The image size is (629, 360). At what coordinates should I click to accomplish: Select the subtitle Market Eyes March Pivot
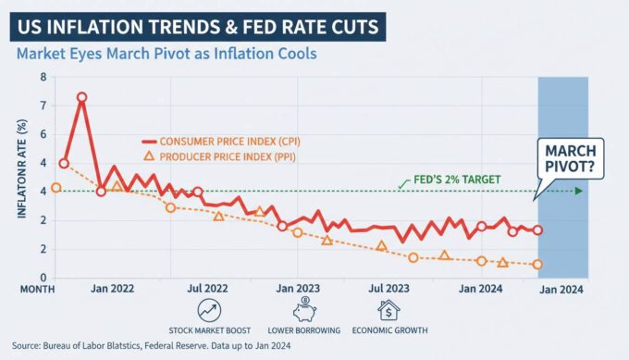coord(166,55)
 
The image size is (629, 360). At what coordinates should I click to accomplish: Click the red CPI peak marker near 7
coord(82,97)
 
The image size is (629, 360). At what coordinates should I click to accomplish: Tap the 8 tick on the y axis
coord(42,77)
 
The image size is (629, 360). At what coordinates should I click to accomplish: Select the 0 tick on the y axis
coord(42,278)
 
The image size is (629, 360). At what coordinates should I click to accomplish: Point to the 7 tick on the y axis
coord(42,106)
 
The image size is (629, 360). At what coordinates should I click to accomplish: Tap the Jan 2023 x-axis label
coord(298,289)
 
